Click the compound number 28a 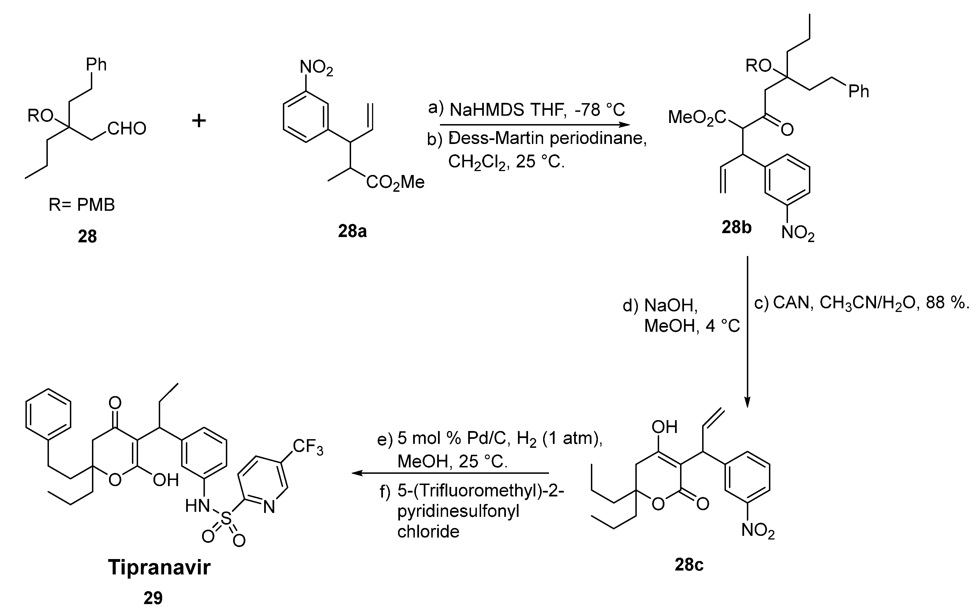pos(352,231)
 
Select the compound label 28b pos(737,228)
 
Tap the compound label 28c pos(689,564)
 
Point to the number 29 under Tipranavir pos(153,598)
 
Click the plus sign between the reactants pos(198,120)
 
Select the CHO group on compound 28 pos(127,129)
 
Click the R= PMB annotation pos(81,205)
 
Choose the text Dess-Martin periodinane pos(547,139)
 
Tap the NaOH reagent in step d pos(671,305)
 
